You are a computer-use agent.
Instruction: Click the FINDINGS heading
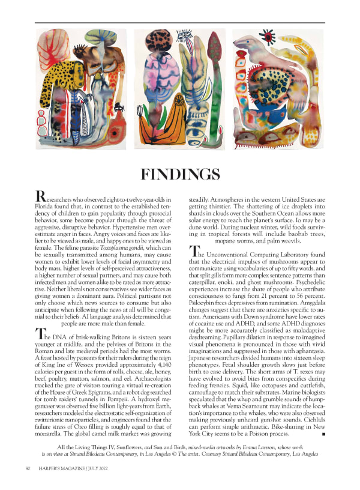(179, 174)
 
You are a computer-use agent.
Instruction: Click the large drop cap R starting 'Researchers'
(41, 196)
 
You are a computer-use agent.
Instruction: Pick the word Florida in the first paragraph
(48, 204)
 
